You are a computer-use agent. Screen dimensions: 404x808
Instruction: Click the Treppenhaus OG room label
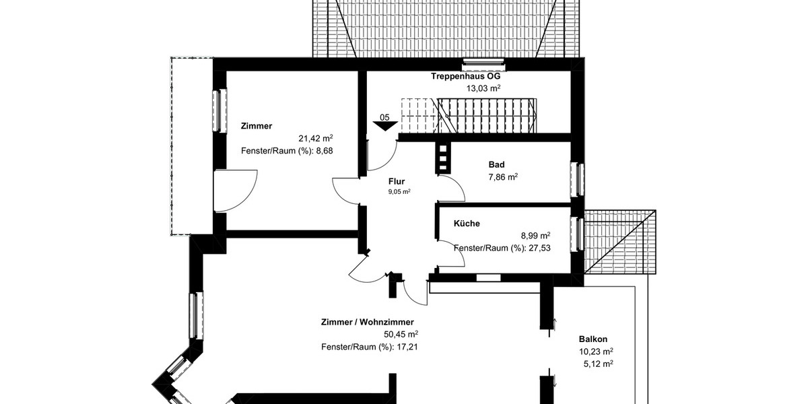pos(465,76)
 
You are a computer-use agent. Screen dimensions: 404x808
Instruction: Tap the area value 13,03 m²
pos(483,88)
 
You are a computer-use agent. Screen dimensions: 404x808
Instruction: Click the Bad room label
pos(496,164)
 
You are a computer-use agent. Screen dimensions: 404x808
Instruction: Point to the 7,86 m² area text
pos(502,177)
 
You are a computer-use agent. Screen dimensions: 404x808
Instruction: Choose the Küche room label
pos(467,223)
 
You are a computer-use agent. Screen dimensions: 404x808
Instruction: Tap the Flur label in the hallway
pos(397,181)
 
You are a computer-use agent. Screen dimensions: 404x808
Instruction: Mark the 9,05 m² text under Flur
pos(399,191)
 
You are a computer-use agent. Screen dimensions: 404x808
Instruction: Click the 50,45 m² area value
pos(401,334)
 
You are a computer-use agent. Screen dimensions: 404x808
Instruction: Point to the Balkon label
pos(593,339)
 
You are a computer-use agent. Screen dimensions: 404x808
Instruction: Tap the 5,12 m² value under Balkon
pos(598,364)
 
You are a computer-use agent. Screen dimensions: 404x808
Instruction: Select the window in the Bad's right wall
pos(577,179)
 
